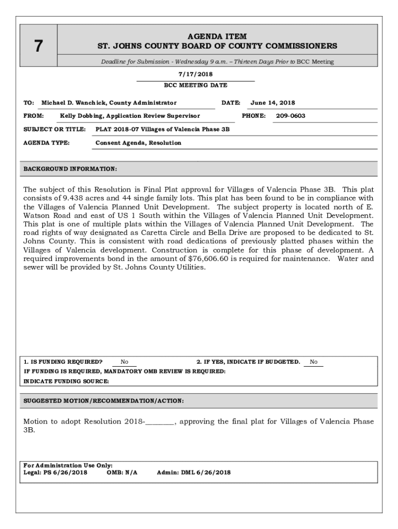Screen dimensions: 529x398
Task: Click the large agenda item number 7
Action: coord(38,46)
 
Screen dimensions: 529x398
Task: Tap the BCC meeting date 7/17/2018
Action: coord(195,74)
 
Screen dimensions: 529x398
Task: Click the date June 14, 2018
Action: coord(273,103)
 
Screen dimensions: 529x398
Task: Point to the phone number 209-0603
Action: coord(290,116)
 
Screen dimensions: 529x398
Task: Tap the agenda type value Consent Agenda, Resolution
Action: coord(139,143)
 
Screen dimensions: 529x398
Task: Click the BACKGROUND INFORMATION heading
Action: coord(70,169)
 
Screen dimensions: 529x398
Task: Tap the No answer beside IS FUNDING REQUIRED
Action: coord(125,362)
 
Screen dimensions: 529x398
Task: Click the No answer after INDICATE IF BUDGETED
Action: coord(313,362)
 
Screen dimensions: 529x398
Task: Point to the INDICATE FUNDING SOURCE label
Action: coord(66,381)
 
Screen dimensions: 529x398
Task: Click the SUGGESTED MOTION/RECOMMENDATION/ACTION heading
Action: coord(103,401)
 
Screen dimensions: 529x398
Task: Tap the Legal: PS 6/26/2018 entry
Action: coord(55,472)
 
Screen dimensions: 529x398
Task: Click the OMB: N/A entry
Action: coord(122,472)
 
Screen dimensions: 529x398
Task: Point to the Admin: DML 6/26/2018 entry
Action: coord(193,472)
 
